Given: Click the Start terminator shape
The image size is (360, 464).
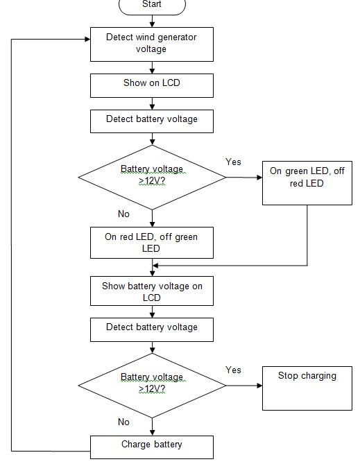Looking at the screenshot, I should click(x=152, y=6).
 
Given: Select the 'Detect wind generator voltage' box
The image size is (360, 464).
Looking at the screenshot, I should click(x=152, y=44).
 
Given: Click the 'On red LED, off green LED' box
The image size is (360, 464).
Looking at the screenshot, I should click(x=152, y=243).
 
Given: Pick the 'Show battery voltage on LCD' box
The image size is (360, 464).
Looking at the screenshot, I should click(x=152, y=291).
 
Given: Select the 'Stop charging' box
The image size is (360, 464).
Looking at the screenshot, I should click(x=307, y=389).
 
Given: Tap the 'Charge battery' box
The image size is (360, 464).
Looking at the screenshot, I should click(x=152, y=445).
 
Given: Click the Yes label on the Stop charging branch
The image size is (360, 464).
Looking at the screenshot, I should click(x=234, y=370).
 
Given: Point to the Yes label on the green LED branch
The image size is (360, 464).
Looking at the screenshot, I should click(x=234, y=162).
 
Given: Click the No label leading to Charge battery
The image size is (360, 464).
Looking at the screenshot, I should click(x=123, y=422).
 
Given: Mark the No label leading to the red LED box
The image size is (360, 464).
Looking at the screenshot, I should click(x=123, y=214).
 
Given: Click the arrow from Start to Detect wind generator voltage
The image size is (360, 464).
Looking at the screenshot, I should click(x=152, y=21).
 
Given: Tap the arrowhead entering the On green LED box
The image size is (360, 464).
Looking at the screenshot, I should click(x=259, y=178).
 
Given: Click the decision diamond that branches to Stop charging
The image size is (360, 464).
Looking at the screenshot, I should click(x=152, y=385).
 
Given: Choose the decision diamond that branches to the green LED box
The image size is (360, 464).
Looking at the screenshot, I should click(x=152, y=177).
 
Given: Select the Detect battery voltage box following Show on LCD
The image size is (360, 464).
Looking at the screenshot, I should click(x=152, y=119).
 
